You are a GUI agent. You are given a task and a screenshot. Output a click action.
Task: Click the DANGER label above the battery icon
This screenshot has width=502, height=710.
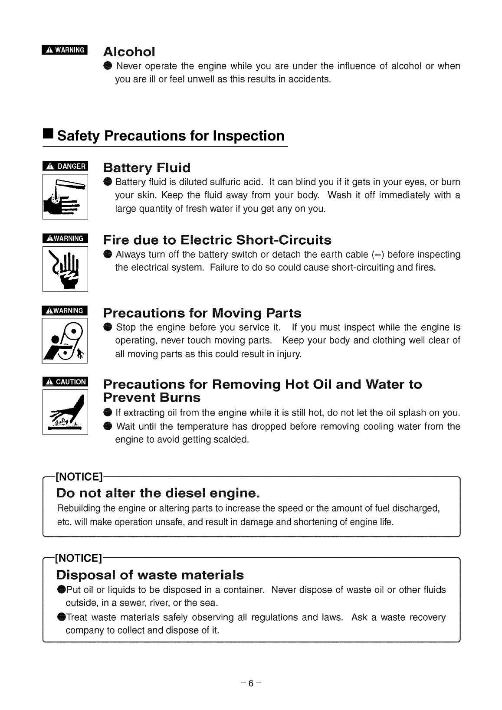point(65,166)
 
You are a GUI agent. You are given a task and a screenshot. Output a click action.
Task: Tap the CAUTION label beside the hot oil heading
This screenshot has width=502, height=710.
point(65,382)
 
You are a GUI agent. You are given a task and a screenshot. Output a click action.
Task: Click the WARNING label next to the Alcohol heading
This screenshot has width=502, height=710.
point(65,50)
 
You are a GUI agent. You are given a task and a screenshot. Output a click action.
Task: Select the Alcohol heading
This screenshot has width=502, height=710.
point(129,52)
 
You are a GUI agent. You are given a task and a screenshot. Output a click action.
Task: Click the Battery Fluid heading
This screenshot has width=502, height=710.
point(147,168)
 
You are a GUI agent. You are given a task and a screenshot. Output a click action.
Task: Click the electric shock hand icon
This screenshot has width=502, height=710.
point(65,269)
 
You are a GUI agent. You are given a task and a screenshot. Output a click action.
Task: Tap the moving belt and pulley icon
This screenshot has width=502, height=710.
point(65,341)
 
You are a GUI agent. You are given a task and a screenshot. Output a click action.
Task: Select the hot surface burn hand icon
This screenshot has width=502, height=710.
point(65,412)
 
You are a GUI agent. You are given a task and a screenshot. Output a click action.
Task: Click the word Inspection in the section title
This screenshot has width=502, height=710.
point(248,136)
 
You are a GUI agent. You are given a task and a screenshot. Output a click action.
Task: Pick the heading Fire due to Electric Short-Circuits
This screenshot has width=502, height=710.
point(217,240)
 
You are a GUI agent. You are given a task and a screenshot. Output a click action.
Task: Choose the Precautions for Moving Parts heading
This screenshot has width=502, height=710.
point(202,313)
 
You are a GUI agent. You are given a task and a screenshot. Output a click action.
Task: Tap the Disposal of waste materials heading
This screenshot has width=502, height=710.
point(150,575)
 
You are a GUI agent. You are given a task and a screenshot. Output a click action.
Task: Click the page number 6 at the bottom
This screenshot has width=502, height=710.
point(251,684)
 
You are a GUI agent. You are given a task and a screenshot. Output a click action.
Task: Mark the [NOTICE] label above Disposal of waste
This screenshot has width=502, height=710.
point(79,557)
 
